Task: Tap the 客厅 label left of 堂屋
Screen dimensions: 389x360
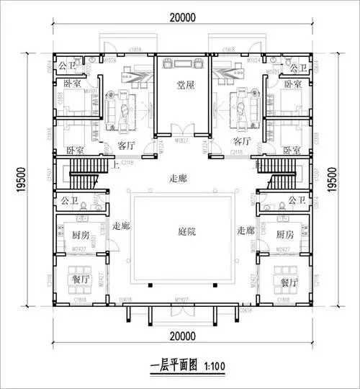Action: (127, 144)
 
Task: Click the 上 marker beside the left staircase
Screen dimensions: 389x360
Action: (117, 164)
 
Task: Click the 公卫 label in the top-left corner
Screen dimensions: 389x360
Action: (67, 67)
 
